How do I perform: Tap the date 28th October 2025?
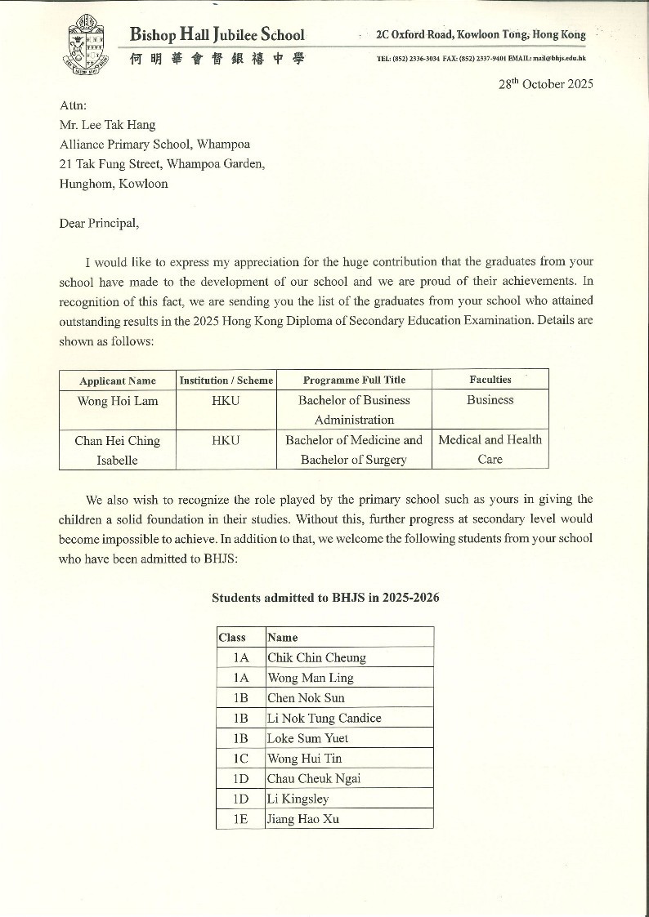(x=546, y=84)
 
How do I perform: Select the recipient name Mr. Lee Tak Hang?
(x=107, y=125)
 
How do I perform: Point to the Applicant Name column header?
(x=118, y=381)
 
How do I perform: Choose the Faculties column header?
(x=490, y=380)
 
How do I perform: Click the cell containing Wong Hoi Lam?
(x=118, y=401)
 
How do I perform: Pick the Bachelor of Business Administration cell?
(x=354, y=410)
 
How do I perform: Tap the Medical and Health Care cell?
(x=490, y=449)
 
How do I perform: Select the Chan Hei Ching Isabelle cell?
(x=118, y=450)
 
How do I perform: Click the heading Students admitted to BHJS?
(x=325, y=598)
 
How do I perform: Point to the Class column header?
(x=232, y=637)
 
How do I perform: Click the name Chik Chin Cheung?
(x=316, y=657)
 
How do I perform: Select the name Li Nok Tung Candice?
(x=324, y=718)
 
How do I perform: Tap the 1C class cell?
(x=240, y=759)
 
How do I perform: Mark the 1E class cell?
(x=240, y=819)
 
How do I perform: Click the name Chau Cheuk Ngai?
(x=314, y=778)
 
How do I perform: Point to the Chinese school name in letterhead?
(x=217, y=59)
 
